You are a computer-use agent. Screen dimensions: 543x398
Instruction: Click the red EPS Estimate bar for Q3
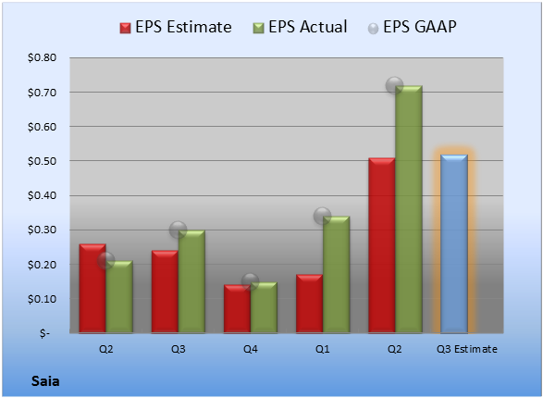pyautogui.click(x=165, y=292)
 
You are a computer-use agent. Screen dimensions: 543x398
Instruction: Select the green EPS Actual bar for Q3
pyautogui.click(x=191, y=281)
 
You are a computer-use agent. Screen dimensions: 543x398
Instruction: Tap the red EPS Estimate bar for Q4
pyautogui.click(x=237, y=308)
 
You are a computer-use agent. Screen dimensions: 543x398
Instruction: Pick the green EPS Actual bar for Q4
pyautogui.click(x=264, y=307)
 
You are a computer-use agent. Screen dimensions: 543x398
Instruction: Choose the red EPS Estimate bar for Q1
pyautogui.click(x=310, y=304)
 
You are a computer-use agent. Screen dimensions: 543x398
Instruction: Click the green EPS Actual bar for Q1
pyautogui.click(x=337, y=275)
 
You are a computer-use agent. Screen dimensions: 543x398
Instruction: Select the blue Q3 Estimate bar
pyautogui.click(x=454, y=243)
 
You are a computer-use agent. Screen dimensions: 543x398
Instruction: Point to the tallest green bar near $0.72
pyautogui.click(x=409, y=209)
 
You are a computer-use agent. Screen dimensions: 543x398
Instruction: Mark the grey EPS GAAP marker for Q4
pyautogui.click(x=250, y=281)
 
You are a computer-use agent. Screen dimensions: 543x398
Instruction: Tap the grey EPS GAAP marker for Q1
pyautogui.click(x=323, y=217)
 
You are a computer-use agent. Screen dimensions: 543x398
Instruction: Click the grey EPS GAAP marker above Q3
pyautogui.click(x=178, y=230)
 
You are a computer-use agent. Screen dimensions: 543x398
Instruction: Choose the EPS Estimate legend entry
pyautogui.click(x=176, y=27)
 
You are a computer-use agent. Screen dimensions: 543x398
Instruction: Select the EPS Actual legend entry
pyautogui.click(x=300, y=27)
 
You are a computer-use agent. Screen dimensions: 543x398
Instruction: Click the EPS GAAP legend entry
pyautogui.click(x=412, y=27)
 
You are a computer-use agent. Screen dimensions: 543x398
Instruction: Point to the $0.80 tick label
pyautogui.click(x=43, y=57)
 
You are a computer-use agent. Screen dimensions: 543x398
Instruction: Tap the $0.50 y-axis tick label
pyautogui.click(x=43, y=161)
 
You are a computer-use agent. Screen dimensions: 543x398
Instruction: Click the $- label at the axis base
pyautogui.click(x=44, y=333)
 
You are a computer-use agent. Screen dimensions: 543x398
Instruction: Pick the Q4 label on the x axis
pyautogui.click(x=251, y=349)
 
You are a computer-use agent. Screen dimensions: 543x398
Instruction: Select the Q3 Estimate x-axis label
pyautogui.click(x=467, y=349)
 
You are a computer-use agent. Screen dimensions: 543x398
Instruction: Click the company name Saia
pyautogui.click(x=45, y=381)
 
